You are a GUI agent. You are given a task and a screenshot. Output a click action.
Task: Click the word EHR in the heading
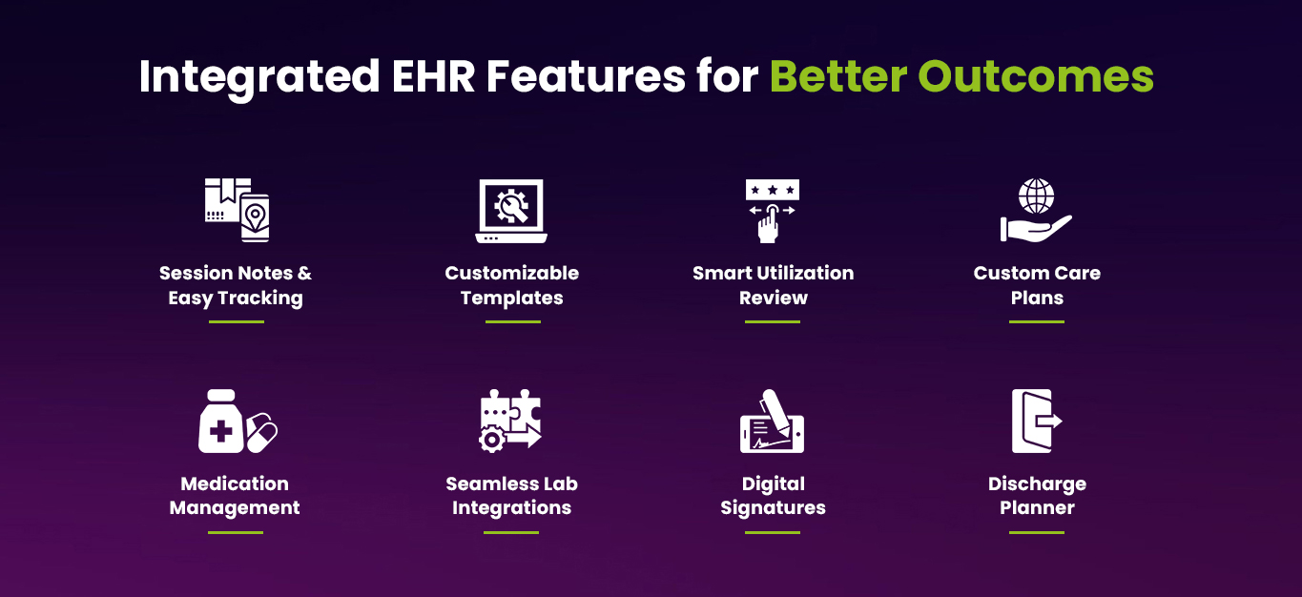434,76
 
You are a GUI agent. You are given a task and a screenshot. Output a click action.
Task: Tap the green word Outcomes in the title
1036,76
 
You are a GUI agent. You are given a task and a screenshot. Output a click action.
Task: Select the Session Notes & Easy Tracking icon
237,210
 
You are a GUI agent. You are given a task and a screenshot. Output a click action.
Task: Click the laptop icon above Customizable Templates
511,211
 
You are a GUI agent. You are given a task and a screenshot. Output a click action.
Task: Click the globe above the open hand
1037,196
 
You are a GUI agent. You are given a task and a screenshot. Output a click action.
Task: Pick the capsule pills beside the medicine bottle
262,432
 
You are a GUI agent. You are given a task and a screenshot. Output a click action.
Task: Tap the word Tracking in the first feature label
260,298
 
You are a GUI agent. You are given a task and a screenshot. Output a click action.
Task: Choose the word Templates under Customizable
511,298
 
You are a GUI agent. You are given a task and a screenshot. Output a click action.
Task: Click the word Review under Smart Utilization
773,298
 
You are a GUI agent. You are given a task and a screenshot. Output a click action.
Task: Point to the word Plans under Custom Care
1037,298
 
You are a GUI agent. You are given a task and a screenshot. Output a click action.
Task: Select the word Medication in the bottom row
235,484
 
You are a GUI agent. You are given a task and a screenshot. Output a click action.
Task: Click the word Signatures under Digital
773,508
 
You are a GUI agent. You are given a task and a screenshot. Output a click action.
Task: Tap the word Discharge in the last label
1037,484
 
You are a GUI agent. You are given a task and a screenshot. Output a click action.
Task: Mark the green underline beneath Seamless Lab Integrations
511,532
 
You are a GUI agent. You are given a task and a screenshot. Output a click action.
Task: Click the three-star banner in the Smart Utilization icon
773,190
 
